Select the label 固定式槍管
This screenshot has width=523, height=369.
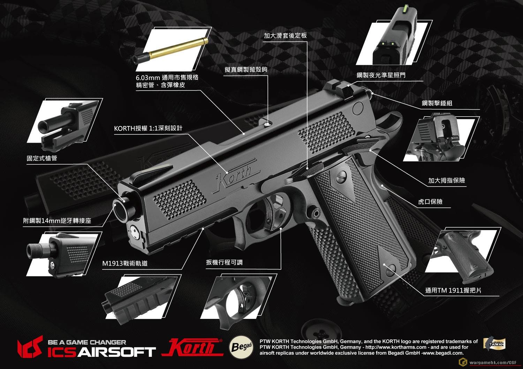pos(42,158)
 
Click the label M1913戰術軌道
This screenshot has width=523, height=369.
pos(125,263)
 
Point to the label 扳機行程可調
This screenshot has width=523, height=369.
pos(224,262)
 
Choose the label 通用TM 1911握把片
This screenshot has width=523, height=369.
pos(453,290)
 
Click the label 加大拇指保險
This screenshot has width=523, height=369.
pos(446,180)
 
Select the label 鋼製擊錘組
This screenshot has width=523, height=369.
pos(437,103)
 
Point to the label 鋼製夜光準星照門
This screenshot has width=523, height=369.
pos(381,75)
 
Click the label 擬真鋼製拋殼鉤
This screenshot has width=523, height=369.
pos(246,70)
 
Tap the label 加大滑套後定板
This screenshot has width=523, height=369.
pos(285,36)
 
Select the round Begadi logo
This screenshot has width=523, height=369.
pos(241,347)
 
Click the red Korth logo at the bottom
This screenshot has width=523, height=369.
pos(192,347)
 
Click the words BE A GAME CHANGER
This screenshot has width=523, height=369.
pos(87,342)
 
